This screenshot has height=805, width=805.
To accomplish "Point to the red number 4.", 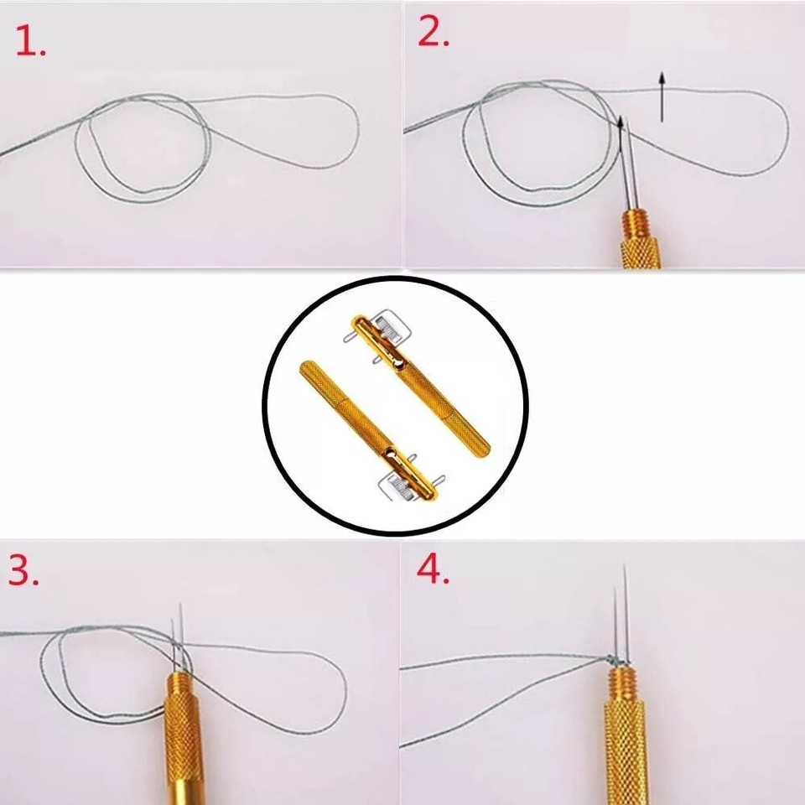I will coord(433,571).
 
